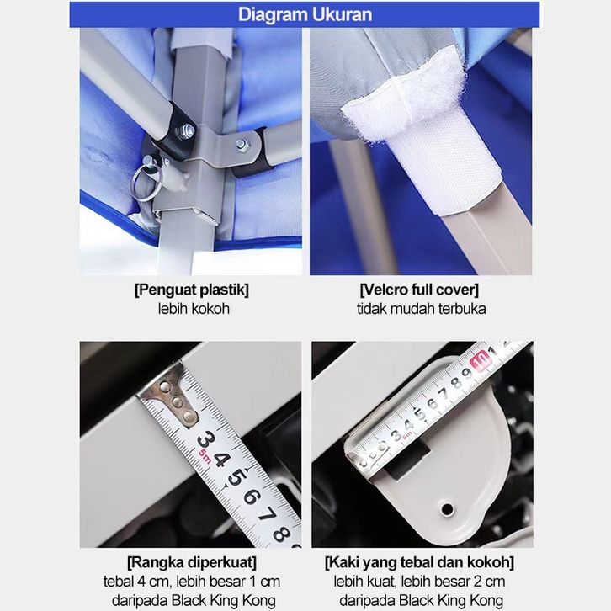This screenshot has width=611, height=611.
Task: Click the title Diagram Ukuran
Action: point(305,14)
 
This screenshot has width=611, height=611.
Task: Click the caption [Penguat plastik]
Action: point(191,290)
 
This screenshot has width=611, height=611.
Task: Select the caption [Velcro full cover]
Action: point(419,290)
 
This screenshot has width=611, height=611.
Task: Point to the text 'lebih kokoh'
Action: point(194,309)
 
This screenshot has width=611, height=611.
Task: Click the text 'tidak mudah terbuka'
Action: point(422,309)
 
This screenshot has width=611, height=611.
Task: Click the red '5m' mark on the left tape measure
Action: point(205,456)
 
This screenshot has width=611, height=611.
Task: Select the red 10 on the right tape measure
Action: point(479,360)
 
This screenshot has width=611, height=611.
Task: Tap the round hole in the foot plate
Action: point(447,509)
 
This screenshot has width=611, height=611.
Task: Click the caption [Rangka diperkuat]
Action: point(192,563)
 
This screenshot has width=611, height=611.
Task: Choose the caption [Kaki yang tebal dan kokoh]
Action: point(419,563)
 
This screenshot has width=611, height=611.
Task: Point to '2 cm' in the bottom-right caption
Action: point(489,582)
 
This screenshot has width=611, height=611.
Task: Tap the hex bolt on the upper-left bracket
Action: point(184,130)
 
